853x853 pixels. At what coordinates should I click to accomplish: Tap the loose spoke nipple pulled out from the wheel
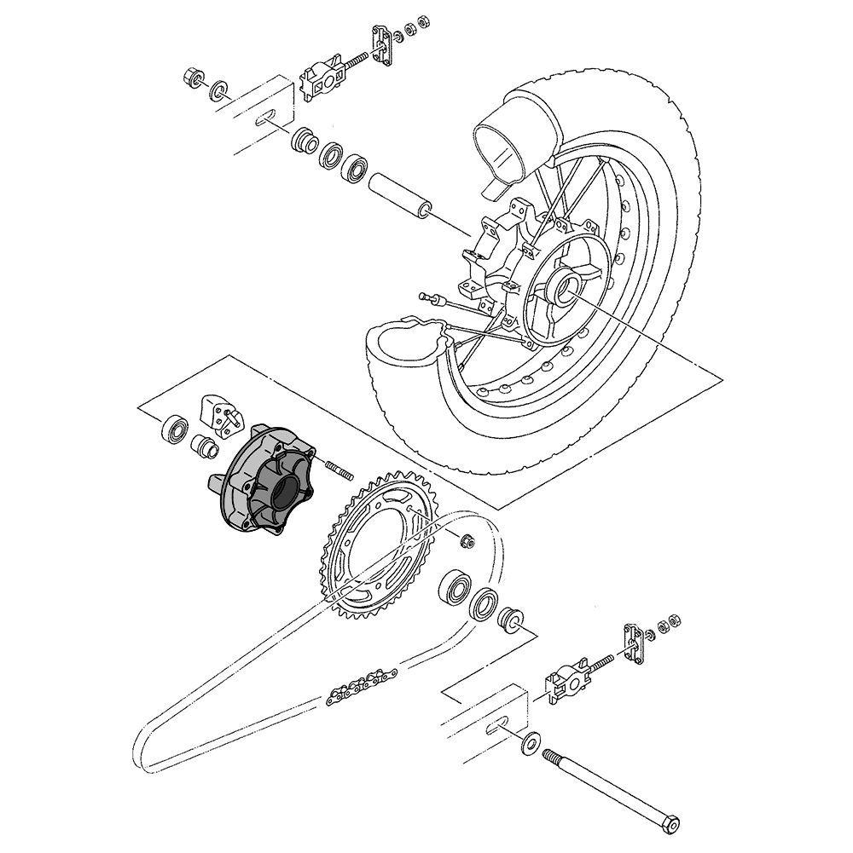coord(432,297)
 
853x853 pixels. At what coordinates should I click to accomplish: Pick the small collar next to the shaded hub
coord(204,444)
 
